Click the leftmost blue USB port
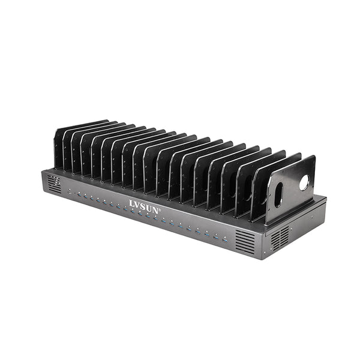(70, 192)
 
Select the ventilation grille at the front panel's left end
(55, 185)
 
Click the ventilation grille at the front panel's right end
(245, 241)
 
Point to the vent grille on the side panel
(280, 238)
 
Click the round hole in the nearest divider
(304, 182)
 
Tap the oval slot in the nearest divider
(279, 194)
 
